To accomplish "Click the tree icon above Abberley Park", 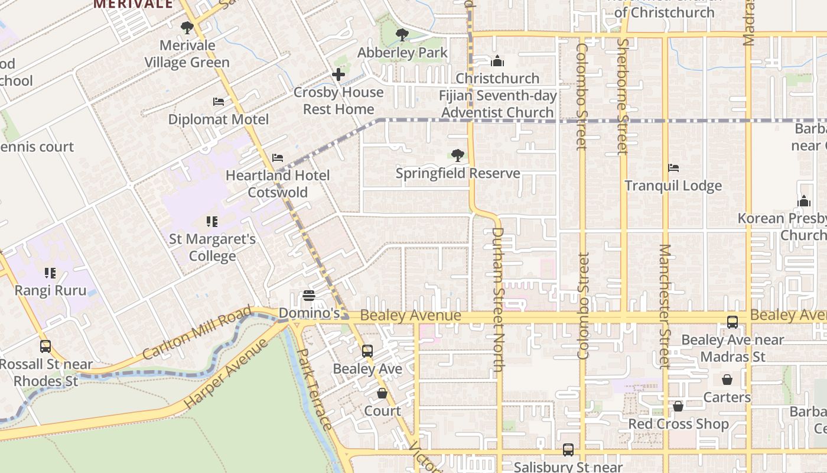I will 402,35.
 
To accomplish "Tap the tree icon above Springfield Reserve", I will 457,155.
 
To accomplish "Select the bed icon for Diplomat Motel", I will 219,102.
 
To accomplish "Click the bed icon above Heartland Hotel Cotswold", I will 278,158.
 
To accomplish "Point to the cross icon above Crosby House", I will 338,74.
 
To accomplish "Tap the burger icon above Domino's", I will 308,295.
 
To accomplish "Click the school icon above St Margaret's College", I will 212,222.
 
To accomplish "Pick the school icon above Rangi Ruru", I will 50,273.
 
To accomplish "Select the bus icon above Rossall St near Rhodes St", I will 45,346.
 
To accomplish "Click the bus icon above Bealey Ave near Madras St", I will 732,322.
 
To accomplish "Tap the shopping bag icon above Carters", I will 727,380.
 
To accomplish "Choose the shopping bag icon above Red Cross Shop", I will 678,406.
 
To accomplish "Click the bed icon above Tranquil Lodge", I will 673,168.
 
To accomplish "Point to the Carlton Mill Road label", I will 197,333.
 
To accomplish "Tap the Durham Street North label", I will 497,299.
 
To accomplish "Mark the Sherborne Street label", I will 623,96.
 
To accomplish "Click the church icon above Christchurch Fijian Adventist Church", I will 497,61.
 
